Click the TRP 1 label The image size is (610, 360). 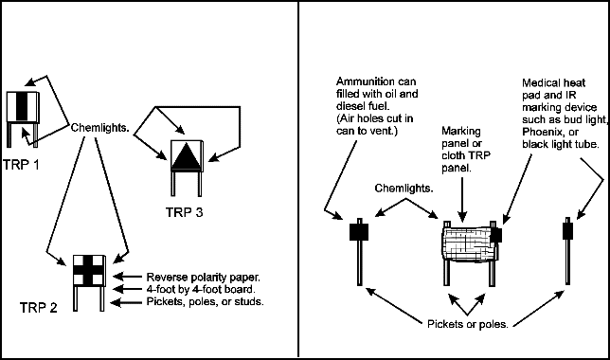21,165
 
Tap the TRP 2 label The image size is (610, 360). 39,308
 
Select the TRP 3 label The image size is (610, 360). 185,212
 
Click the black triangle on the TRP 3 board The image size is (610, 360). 187,156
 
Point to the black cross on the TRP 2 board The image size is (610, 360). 89,271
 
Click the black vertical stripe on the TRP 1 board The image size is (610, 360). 22,106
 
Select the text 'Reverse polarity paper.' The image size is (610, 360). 203,277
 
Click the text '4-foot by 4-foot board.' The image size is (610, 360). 201,289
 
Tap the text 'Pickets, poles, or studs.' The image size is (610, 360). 205,301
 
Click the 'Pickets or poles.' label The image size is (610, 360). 468,324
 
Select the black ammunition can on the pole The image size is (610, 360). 359,231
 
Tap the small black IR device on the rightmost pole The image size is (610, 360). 567,231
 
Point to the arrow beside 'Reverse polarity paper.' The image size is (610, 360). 127,277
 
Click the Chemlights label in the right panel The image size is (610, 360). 404,189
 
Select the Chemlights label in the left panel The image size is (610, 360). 100,128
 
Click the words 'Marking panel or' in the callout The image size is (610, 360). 462,137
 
